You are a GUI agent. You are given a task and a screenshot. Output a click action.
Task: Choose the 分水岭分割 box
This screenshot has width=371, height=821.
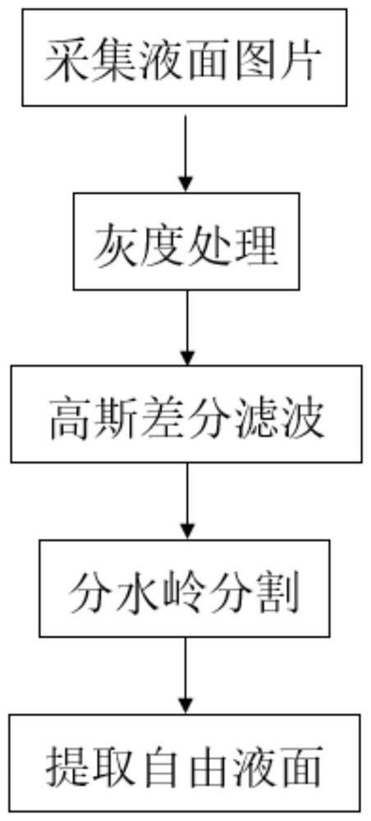[185, 589]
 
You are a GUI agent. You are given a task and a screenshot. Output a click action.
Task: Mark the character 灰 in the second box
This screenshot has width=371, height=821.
[112, 245]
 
